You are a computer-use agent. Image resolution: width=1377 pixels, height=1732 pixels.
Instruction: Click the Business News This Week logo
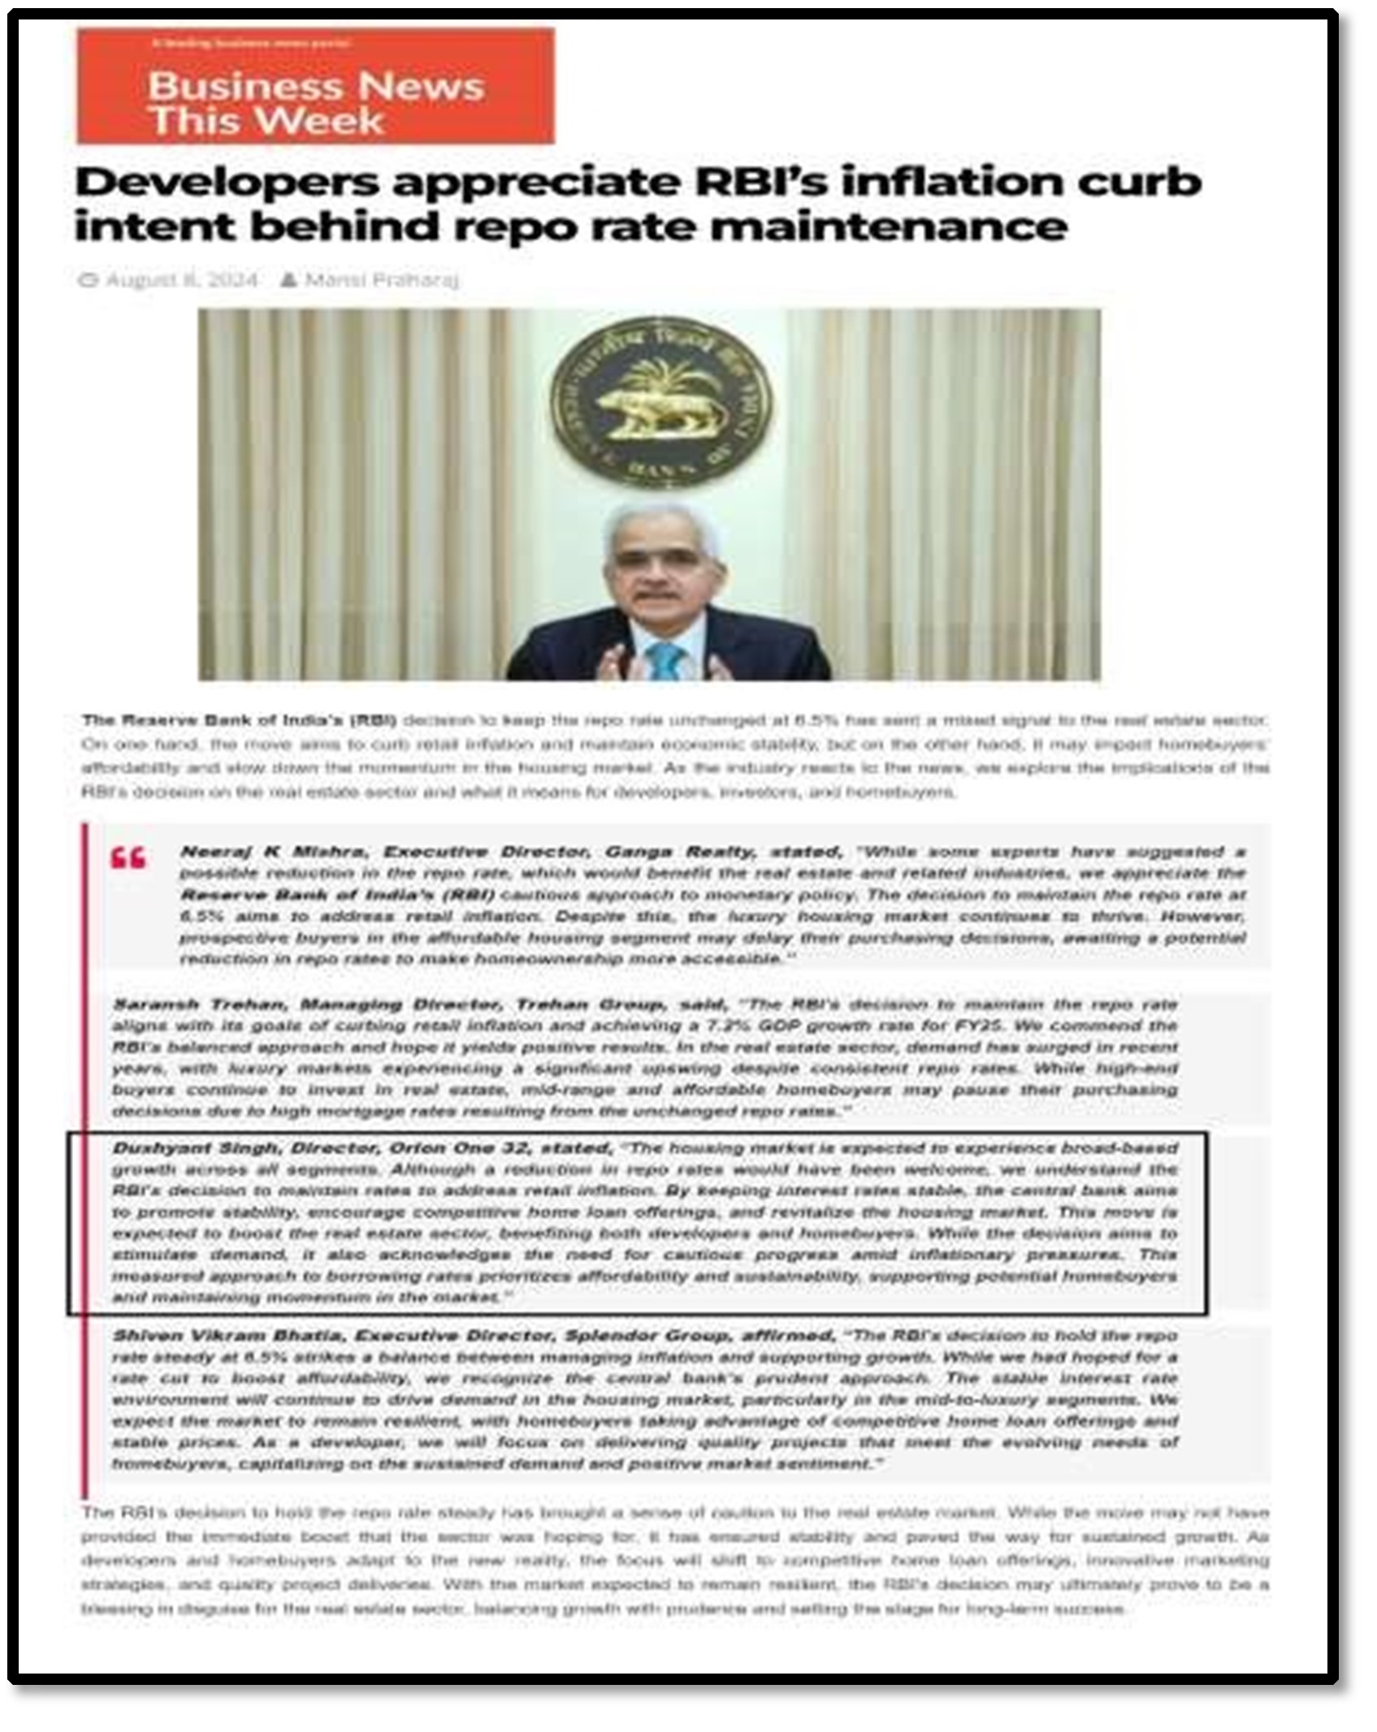coord(315,87)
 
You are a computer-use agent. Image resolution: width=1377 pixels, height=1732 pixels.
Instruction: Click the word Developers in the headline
coord(226,182)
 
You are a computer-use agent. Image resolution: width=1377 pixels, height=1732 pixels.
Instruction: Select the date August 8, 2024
coord(182,280)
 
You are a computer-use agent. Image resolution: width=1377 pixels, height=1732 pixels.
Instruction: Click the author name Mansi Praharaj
coord(381,280)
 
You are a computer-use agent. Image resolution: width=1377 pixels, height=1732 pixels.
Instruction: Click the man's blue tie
coord(666,659)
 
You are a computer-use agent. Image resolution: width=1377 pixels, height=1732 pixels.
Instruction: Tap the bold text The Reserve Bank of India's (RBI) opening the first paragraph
coord(239,720)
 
